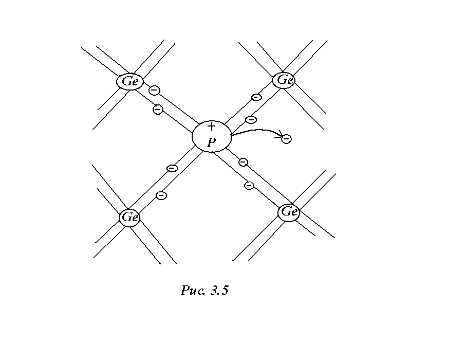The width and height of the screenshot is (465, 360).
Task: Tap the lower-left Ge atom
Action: click(x=129, y=218)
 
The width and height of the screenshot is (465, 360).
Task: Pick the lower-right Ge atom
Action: click(x=289, y=212)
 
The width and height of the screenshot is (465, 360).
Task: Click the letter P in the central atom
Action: click(x=211, y=143)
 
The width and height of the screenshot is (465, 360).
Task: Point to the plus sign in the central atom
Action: click(x=211, y=127)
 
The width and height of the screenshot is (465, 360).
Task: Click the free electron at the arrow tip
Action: click(x=287, y=138)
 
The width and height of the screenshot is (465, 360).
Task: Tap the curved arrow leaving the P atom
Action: click(x=254, y=131)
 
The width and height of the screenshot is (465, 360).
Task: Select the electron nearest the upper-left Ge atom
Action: click(x=154, y=91)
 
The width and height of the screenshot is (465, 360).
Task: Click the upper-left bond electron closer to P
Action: click(x=158, y=109)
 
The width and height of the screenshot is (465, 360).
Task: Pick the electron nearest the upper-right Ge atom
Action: click(x=256, y=97)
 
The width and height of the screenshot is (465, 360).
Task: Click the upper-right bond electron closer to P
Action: click(x=251, y=120)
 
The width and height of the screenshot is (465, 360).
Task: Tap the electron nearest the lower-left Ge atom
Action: click(x=161, y=195)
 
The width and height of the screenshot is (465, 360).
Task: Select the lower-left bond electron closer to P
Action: click(x=173, y=168)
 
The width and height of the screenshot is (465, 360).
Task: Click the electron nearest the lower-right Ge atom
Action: click(x=249, y=185)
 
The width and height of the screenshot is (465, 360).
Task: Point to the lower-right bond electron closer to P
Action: click(x=243, y=163)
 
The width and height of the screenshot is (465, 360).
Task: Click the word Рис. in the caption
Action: click(x=193, y=291)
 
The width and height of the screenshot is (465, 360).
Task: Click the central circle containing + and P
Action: click(x=211, y=136)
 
